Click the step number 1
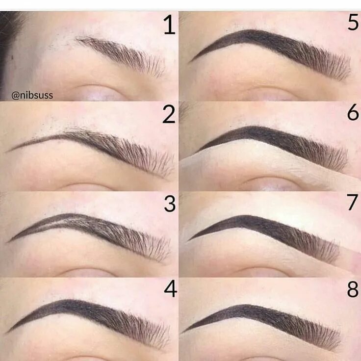coord(169,25)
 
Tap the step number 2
coord(169,115)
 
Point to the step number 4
coord(170,289)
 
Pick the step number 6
coord(353,113)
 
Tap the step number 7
coord(353,203)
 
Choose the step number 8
coord(353,289)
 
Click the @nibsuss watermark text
coord(32,96)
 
